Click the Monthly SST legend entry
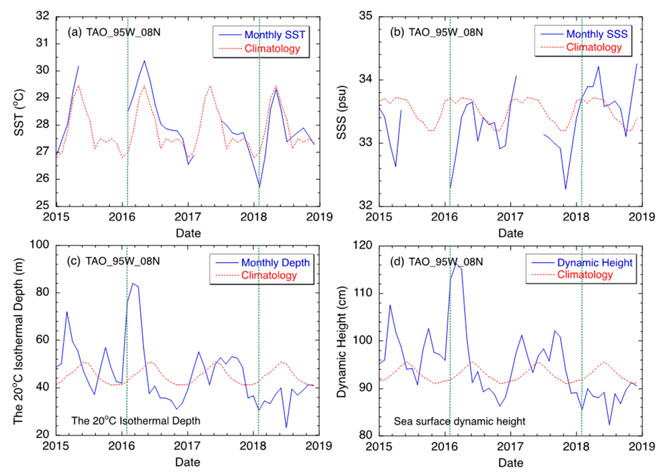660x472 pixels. (274, 35)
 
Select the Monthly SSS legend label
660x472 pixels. (596, 34)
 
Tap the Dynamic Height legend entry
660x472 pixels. (595, 263)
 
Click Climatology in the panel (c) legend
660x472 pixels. (269, 275)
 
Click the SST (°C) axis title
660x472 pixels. (19, 113)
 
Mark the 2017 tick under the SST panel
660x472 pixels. (188, 217)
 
